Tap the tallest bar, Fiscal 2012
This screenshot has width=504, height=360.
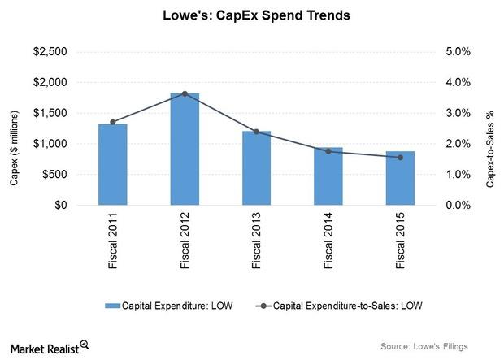[184, 150]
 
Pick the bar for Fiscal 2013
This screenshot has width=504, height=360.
[256, 168]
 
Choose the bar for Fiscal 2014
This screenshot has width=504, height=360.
[328, 176]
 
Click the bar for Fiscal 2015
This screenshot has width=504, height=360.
[400, 178]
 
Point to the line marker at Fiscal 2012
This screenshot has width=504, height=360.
[184, 93]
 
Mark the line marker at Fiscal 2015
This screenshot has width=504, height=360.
[400, 158]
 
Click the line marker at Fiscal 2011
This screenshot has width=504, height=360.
[112, 122]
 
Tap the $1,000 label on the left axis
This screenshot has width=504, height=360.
[50, 144]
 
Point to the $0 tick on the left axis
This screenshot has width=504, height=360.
[59, 206]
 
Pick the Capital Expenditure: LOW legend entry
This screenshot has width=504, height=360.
[163, 306]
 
